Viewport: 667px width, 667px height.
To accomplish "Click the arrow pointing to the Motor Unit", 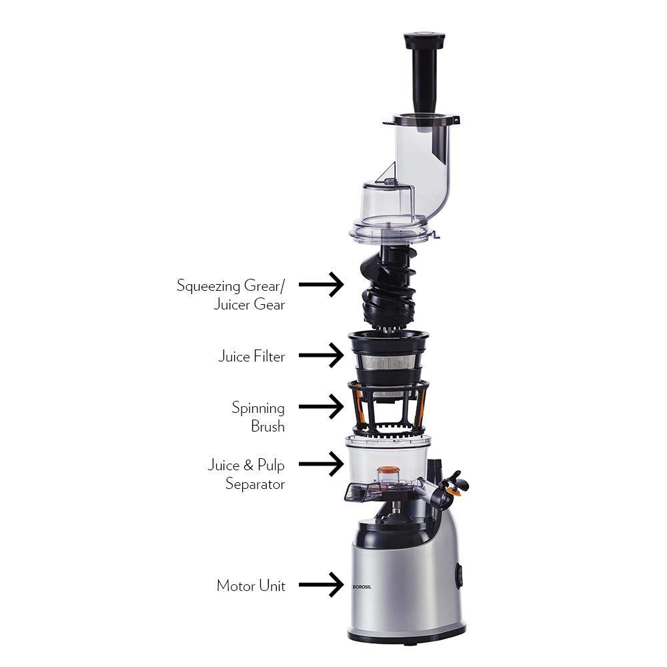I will (321, 584).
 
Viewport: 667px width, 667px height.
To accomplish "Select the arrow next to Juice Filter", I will (321, 355).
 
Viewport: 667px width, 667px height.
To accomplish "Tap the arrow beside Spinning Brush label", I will (321, 406).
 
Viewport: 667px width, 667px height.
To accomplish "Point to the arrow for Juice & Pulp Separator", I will (321, 463).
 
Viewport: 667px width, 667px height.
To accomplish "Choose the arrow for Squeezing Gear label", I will (321, 285).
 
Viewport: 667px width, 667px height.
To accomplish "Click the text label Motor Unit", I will (251, 586).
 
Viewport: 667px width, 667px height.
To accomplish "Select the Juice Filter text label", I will (251, 356).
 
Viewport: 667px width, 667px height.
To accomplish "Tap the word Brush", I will (267, 426).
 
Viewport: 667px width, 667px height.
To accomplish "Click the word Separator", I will (255, 484).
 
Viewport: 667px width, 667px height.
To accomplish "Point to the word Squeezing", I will (207, 285).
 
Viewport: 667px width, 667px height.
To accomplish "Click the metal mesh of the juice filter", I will (388, 363).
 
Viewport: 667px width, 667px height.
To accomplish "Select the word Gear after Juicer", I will (269, 305).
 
